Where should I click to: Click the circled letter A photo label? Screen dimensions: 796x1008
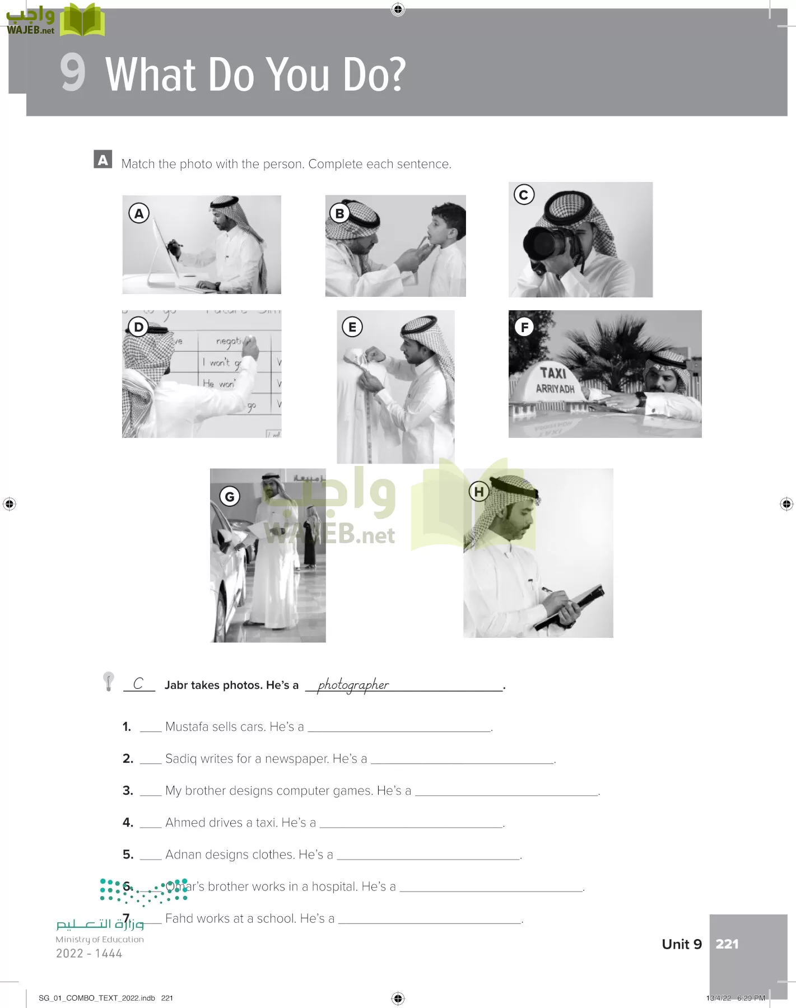click(139, 213)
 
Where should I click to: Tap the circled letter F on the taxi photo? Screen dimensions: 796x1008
click(524, 327)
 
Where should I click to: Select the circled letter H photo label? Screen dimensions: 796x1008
click(478, 492)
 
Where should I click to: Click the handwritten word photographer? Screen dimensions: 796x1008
click(353, 684)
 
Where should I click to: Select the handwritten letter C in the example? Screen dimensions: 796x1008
click(138, 683)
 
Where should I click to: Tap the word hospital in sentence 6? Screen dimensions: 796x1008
click(334, 886)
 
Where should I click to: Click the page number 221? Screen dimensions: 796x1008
click(727, 944)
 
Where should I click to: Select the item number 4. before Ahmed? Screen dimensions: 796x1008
click(128, 823)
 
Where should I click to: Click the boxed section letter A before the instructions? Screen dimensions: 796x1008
click(103, 160)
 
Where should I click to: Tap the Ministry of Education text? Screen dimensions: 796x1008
click(100, 939)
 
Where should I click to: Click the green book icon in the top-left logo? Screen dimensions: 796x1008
click(82, 20)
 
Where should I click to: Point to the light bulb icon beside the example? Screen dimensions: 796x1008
click(109, 681)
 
